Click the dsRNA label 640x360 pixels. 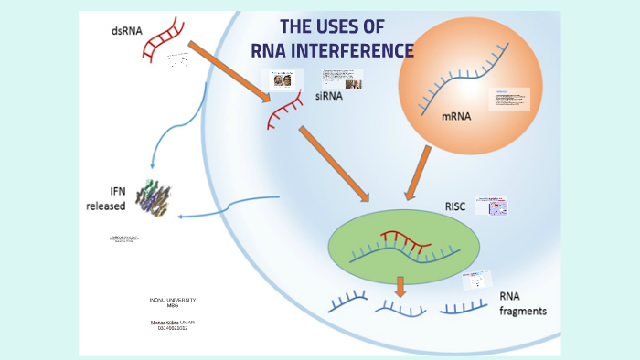pos(126,30)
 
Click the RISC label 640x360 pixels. pos(454,206)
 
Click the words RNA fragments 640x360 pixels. pos(523,303)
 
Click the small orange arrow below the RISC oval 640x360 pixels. pos(400,286)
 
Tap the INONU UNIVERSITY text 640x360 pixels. pos(173,300)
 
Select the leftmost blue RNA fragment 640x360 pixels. pos(347,299)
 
